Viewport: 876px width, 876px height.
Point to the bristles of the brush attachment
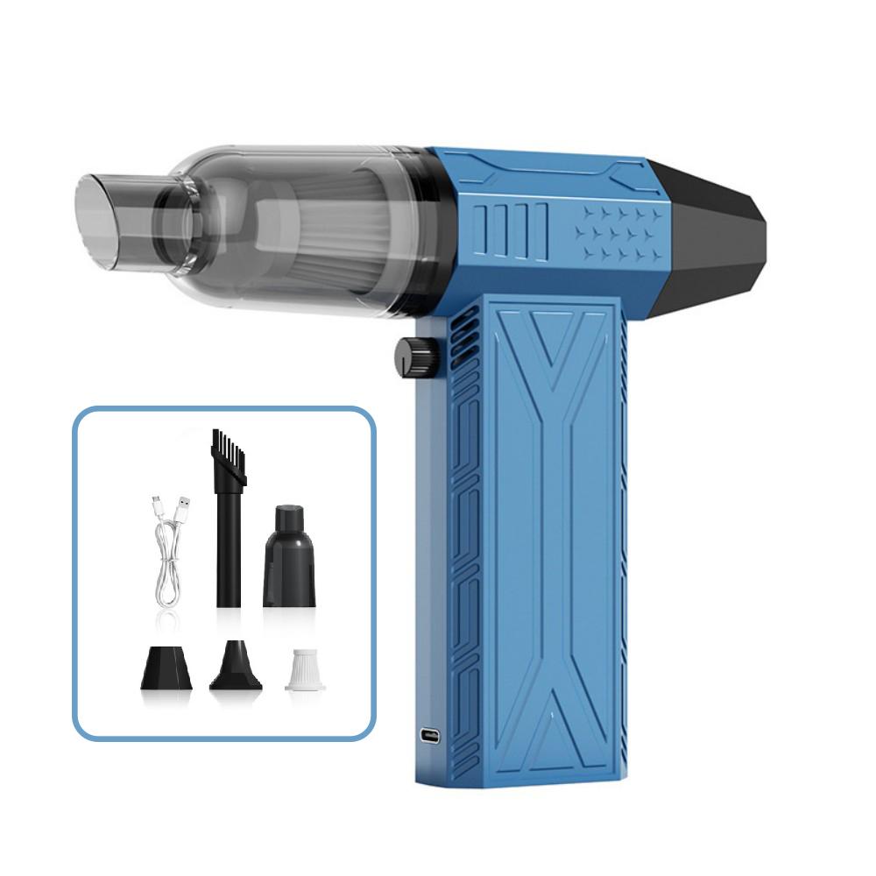229,456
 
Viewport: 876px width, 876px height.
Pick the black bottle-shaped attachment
289,558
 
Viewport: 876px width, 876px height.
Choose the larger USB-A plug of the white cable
183,505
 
